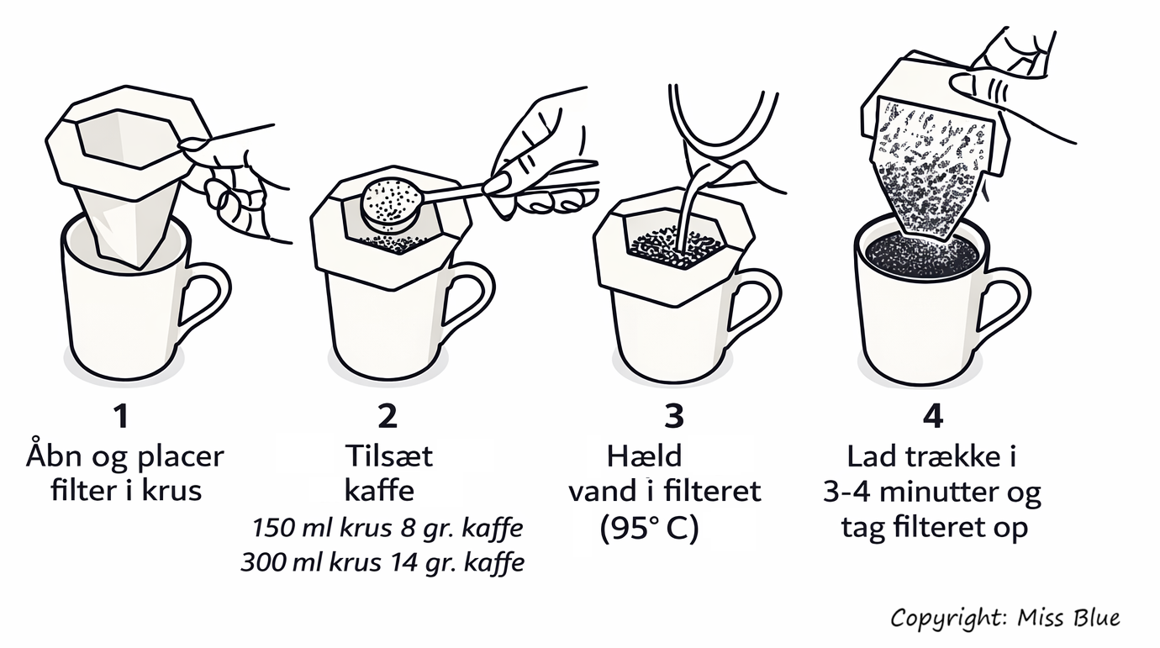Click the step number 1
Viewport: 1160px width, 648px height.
122,417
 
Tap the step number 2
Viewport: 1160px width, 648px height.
388,417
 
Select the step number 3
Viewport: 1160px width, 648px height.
674,417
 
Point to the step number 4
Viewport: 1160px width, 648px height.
933,417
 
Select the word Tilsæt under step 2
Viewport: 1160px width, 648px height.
389,456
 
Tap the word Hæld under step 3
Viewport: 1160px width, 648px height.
644,456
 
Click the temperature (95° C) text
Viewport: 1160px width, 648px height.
650,529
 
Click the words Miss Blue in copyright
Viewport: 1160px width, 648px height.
1068,618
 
